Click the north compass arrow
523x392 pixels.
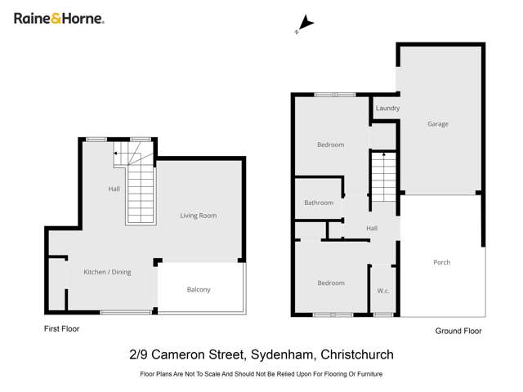tap(304, 24)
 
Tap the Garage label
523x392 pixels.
tap(438, 124)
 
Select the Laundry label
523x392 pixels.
tap(387, 108)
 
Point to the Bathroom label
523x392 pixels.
tap(319, 203)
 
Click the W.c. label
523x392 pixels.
tap(382, 291)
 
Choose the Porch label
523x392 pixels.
tap(441, 262)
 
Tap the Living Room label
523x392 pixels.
tap(199, 216)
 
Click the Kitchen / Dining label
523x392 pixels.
tap(107, 272)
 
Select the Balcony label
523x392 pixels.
tap(199, 290)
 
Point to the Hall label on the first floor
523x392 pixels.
tap(114, 189)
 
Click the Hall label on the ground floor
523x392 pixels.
tap(372, 229)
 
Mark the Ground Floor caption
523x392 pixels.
tap(458, 331)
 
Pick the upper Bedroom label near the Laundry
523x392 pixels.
tap(330, 145)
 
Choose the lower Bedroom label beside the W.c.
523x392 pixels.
tap(330, 283)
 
